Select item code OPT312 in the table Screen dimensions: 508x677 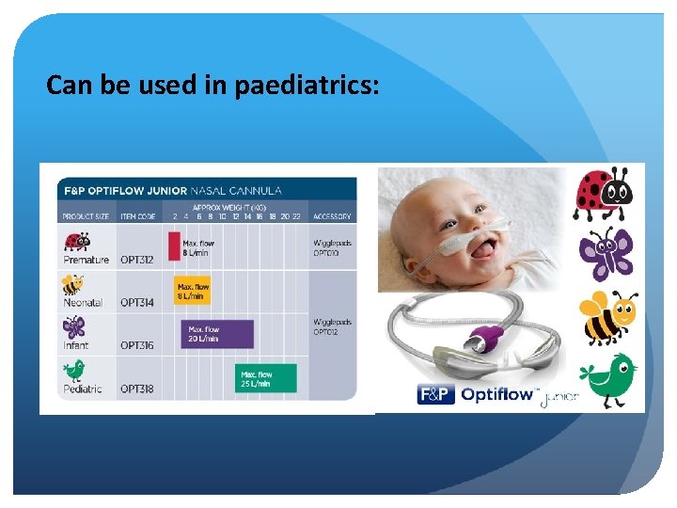pos(138,260)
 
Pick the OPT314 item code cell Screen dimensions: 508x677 pos(138,303)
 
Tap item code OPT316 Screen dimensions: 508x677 pos(138,345)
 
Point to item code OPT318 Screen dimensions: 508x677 pos(138,388)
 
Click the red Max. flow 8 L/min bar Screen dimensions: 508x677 pos(174,246)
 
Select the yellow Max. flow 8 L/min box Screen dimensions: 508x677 pos(193,290)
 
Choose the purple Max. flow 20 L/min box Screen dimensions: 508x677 pos(217,334)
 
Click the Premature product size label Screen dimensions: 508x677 pos(86,260)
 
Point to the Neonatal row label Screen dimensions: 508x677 pos(84,303)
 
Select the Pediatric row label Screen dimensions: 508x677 pos(83,388)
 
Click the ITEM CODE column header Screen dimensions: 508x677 pos(138,216)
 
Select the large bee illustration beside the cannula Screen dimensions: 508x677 pos(606,317)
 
